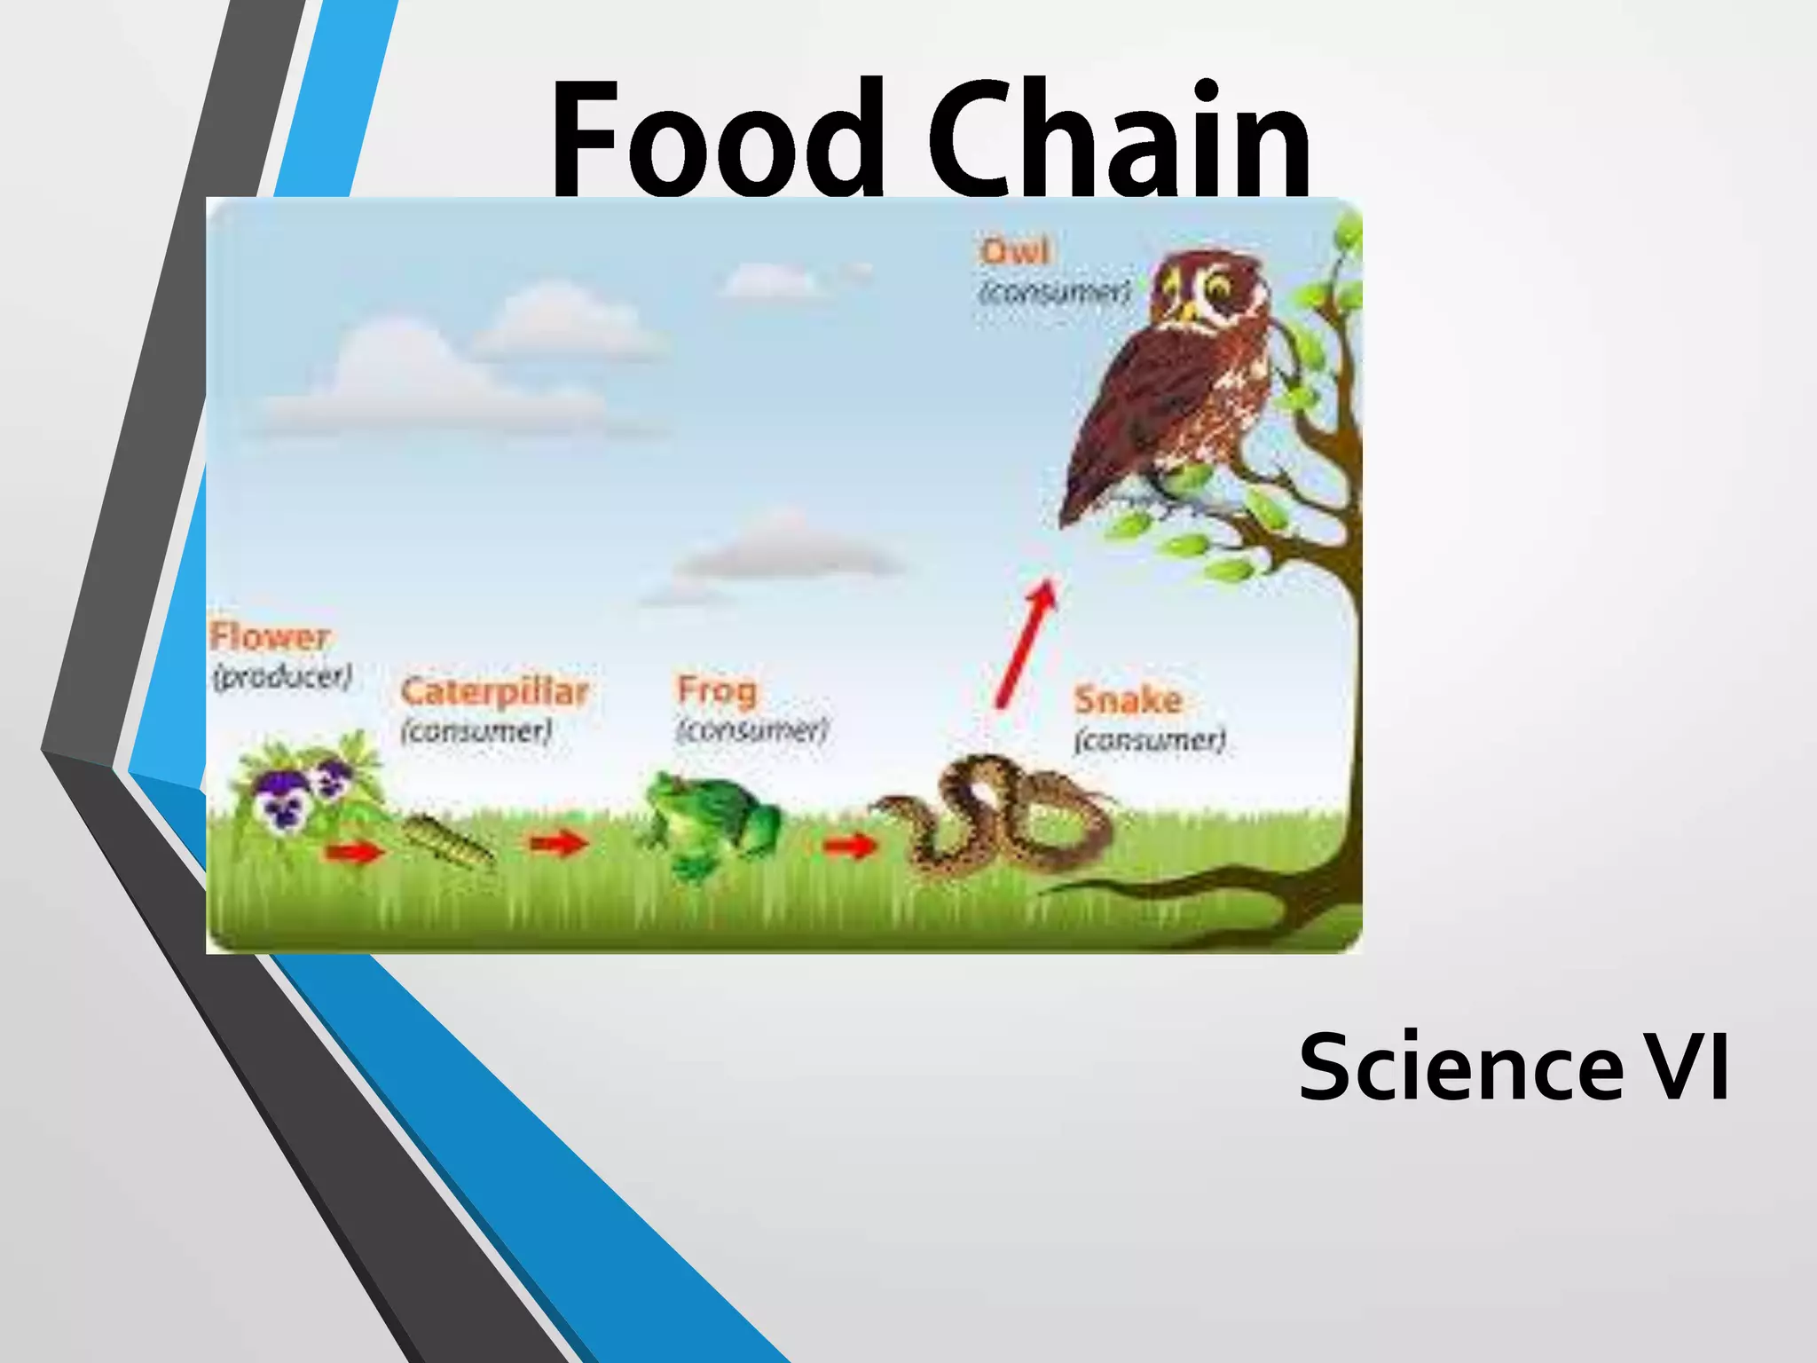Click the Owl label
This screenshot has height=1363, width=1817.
[x=1015, y=251]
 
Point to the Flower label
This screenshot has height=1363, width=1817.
[x=270, y=636]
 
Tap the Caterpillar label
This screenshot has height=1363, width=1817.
[x=494, y=691]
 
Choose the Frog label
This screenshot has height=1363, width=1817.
[x=717, y=689]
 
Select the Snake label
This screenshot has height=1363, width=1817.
[x=1128, y=700]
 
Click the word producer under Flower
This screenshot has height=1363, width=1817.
[x=283, y=677]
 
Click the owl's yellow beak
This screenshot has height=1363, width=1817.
[x=1185, y=311]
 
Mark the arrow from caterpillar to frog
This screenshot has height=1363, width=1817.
[x=559, y=842]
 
